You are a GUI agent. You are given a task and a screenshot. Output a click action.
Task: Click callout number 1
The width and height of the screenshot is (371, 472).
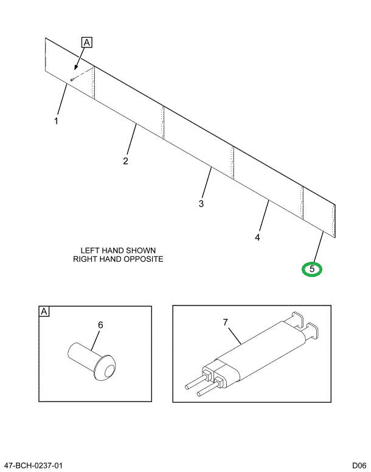(56, 121)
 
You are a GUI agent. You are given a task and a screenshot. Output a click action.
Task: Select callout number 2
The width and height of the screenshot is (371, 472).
(125, 161)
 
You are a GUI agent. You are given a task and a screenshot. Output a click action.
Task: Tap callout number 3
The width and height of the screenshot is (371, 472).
(201, 203)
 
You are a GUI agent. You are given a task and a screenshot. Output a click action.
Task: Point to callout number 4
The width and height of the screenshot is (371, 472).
(258, 238)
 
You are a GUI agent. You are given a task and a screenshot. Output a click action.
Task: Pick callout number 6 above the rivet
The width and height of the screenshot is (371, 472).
(101, 325)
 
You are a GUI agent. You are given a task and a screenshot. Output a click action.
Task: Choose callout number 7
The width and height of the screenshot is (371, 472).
(225, 323)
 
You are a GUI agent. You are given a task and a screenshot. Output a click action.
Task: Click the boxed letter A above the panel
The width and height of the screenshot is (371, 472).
(86, 43)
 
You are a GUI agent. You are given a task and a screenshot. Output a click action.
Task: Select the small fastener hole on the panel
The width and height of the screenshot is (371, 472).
(72, 78)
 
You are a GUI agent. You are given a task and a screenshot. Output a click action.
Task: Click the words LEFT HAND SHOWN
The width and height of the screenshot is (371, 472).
(119, 250)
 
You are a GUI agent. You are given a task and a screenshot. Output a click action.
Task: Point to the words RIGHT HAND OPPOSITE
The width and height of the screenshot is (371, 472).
(119, 259)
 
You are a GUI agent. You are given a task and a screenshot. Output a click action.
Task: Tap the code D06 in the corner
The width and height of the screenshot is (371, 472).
(359, 465)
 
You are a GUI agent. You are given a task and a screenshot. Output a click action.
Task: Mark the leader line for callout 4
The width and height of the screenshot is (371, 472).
(263, 215)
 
